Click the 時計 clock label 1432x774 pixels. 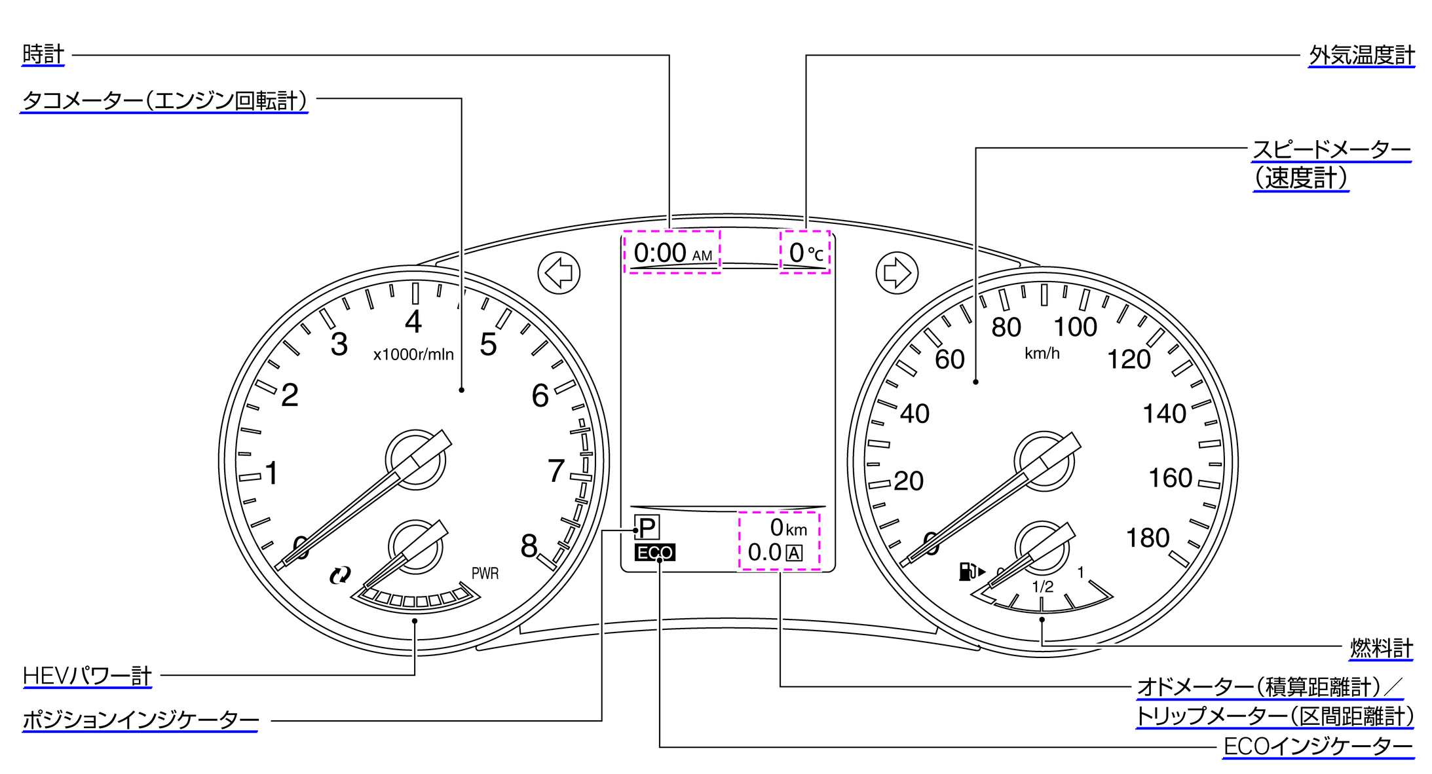point(43,55)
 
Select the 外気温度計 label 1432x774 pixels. point(1362,56)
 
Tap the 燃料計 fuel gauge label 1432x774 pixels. point(1382,648)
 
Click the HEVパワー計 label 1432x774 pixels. point(87,676)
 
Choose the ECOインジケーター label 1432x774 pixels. point(1319,746)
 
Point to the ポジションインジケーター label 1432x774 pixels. point(140,720)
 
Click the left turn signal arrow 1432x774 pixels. point(559,272)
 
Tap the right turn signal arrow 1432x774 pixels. point(897,272)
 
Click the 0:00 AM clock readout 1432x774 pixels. point(673,253)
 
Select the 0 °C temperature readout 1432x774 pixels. point(806,253)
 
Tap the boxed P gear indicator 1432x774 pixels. point(647,527)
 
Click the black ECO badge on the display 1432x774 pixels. point(655,553)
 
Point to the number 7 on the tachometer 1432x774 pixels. point(556,471)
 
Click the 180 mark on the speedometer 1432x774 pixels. point(1148,538)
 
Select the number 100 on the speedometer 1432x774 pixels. point(1075,327)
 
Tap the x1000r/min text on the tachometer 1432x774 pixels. point(413,354)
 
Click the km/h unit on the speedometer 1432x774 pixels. point(1042,354)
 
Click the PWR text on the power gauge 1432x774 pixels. point(485,574)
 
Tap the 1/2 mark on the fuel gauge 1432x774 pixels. point(1043,587)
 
